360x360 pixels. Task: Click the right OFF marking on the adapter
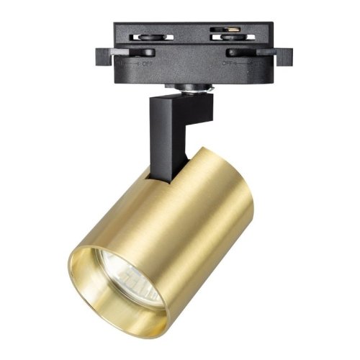coord(229,63)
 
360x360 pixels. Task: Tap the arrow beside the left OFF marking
coord(135,63)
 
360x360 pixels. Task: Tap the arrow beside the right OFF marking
coord(242,63)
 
